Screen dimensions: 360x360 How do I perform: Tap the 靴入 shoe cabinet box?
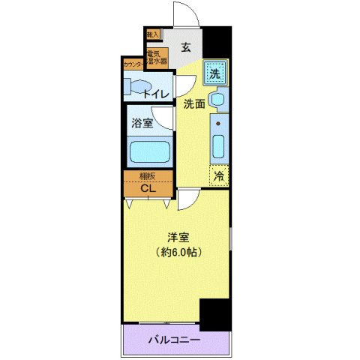tap(152, 35)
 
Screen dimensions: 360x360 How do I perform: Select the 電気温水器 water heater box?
tap(156, 58)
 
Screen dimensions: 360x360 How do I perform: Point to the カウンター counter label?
tap(133, 65)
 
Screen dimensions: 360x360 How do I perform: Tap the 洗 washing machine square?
tap(214, 73)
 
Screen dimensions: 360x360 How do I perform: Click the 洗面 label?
tap(194, 105)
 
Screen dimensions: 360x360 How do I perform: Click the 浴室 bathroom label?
tap(142, 122)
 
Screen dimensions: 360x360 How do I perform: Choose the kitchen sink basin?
tap(218, 145)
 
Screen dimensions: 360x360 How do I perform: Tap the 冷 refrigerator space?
tap(219, 177)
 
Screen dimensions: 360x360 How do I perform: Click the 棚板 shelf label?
tap(148, 177)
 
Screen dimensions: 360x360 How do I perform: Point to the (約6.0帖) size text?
tap(178, 252)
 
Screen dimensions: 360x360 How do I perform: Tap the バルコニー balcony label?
tap(173, 340)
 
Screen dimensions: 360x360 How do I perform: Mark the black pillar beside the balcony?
tap(215, 313)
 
